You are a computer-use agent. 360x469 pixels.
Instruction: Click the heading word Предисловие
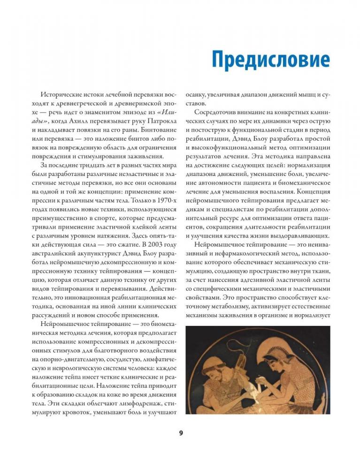270,61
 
